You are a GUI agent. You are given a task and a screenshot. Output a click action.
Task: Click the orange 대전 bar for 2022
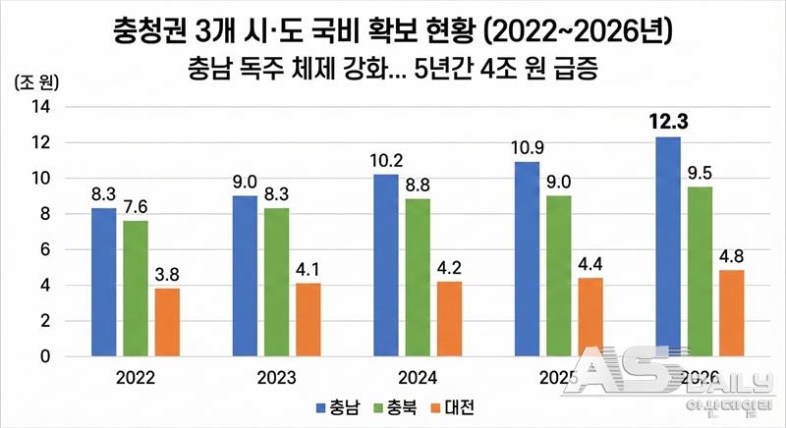(166, 323)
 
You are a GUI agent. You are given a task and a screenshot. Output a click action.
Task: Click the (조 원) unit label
(36, 82)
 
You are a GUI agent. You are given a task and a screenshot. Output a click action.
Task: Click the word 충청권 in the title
(149, 32)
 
